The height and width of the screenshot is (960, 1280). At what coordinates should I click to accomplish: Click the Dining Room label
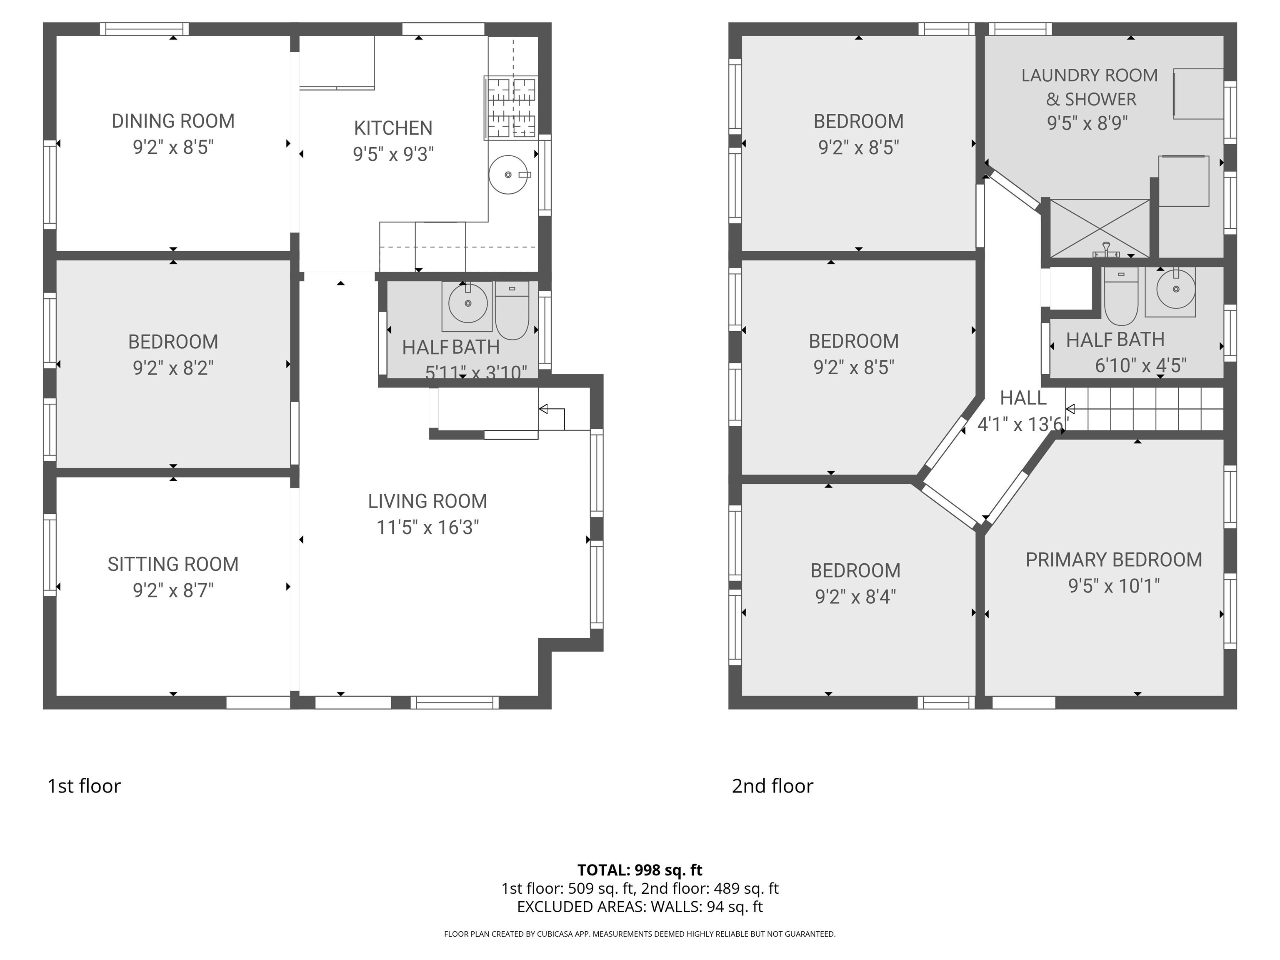(173, 121)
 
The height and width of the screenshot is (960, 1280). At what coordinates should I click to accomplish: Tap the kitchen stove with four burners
(511, 107)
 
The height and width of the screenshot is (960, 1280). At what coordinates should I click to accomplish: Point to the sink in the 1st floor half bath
(467, 304)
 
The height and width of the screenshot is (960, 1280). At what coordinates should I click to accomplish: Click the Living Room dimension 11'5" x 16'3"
(427, 527)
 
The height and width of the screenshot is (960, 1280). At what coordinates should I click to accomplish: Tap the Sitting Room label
(173, 564)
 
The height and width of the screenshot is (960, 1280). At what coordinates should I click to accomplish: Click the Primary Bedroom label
(1113, 560)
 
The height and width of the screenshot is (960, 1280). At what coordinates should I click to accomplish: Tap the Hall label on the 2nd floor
(1023, 398)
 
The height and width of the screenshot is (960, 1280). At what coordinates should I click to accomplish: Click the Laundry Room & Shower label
(1090, 87)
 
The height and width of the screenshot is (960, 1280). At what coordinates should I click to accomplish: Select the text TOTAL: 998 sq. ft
(640, 870)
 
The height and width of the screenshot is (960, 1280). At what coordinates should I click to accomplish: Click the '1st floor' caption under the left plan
(84, 786)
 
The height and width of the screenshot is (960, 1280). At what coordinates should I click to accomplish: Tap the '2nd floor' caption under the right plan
(772, 786)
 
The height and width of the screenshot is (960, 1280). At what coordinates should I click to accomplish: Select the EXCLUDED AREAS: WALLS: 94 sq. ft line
(640, 907)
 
